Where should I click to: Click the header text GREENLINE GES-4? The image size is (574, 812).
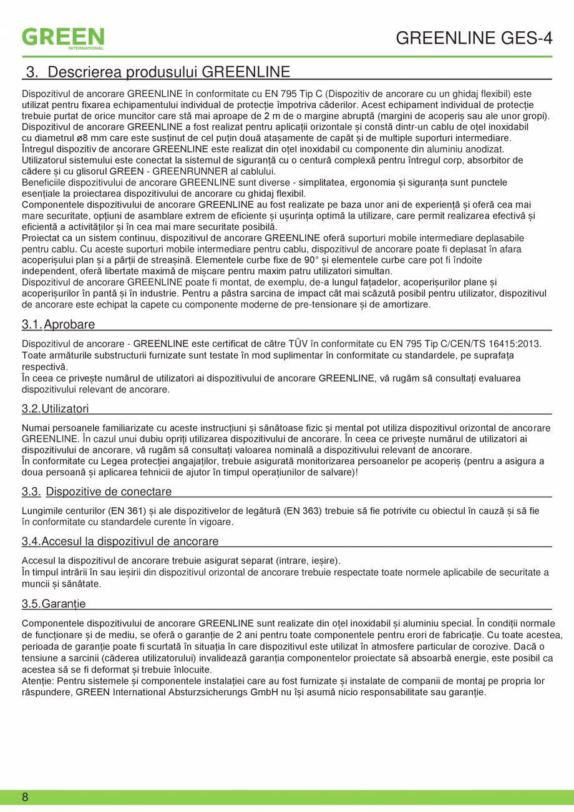[x=474, y=38]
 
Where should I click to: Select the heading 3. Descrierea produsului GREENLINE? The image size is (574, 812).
[x=157, y=72]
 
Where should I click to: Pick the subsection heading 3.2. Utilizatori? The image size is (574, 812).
[x=55, y=408]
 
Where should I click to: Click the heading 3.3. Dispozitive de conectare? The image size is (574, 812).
[x=97, y=492]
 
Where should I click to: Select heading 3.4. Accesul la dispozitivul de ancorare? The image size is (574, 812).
[x=120, y=541]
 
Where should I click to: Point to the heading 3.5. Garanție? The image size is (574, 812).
[x=54, y=603]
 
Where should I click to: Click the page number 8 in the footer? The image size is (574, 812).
[x=25, y=797]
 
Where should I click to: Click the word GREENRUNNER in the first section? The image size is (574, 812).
[x=189, y=172]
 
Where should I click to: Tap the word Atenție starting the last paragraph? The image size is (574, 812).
[x=38, y=681]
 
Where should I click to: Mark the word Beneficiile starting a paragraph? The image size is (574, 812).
[x=44, y=182]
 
